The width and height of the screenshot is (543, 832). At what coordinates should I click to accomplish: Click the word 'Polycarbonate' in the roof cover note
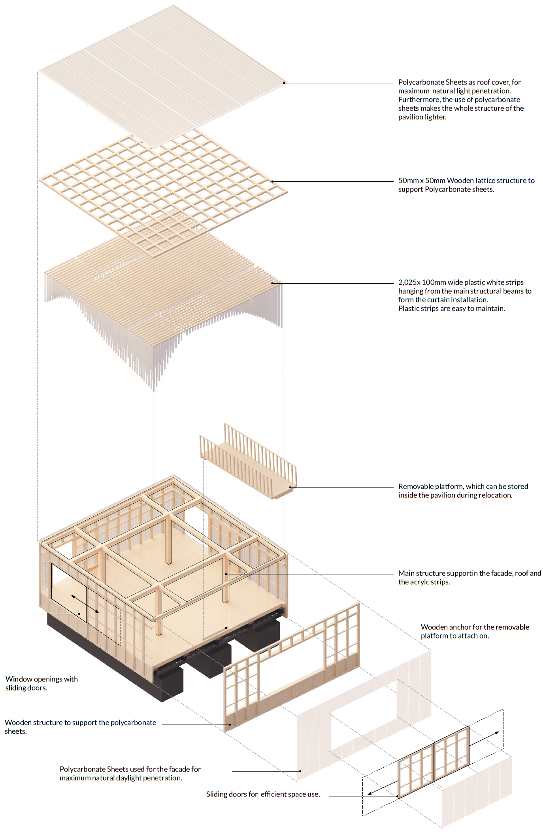click(x=421, y=82)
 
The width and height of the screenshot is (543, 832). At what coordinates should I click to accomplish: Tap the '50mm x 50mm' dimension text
click(x=421, y=181)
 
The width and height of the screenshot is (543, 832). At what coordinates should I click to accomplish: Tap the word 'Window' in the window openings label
click(x=19, y=679)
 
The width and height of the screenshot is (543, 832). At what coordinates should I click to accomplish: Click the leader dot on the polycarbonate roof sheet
click(x=284, y=83)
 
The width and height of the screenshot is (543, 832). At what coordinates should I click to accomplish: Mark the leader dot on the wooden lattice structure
click(x=272, y=181)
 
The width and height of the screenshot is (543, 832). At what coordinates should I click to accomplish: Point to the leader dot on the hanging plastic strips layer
click(x=272, y=283)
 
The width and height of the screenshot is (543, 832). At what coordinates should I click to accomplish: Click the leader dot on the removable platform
click(x=290, y=487)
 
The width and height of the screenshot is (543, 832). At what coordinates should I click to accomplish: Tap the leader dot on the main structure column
click(x=226, y=574)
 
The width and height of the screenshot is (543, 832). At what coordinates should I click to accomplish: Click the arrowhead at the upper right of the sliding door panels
click(x=497, y=733)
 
